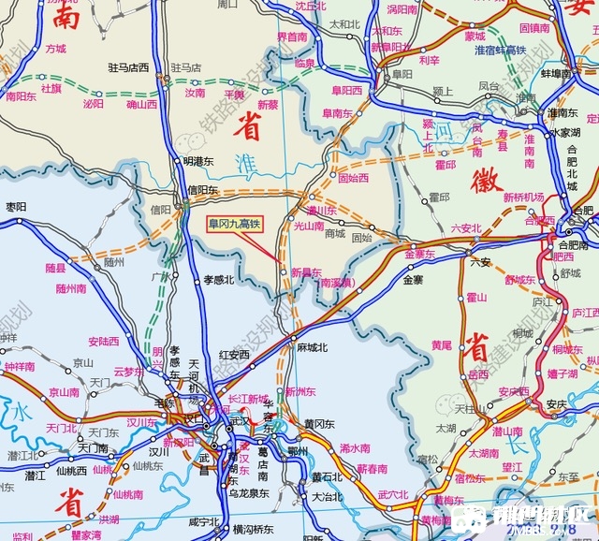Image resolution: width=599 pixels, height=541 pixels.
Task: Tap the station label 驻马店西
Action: (129, 67)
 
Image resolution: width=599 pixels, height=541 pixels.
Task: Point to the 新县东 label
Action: (307, 272)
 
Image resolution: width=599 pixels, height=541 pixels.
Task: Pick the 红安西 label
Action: (234, 355)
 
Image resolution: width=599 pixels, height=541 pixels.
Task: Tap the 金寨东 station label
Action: (420, 254)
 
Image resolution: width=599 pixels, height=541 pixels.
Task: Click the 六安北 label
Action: (465, 227)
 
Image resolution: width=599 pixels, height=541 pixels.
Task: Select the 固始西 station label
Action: (353, 177)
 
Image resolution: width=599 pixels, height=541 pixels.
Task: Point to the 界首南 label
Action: (292, 37)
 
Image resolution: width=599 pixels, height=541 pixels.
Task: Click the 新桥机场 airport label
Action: (523, 197)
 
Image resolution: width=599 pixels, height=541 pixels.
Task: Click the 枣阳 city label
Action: (16, 207)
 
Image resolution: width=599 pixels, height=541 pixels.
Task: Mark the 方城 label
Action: (56, 49)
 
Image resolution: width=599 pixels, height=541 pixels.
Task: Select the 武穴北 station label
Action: (393, 494)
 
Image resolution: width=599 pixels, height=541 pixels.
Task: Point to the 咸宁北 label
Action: (204, 521)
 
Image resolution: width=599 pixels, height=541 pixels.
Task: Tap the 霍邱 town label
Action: (445, 165)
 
